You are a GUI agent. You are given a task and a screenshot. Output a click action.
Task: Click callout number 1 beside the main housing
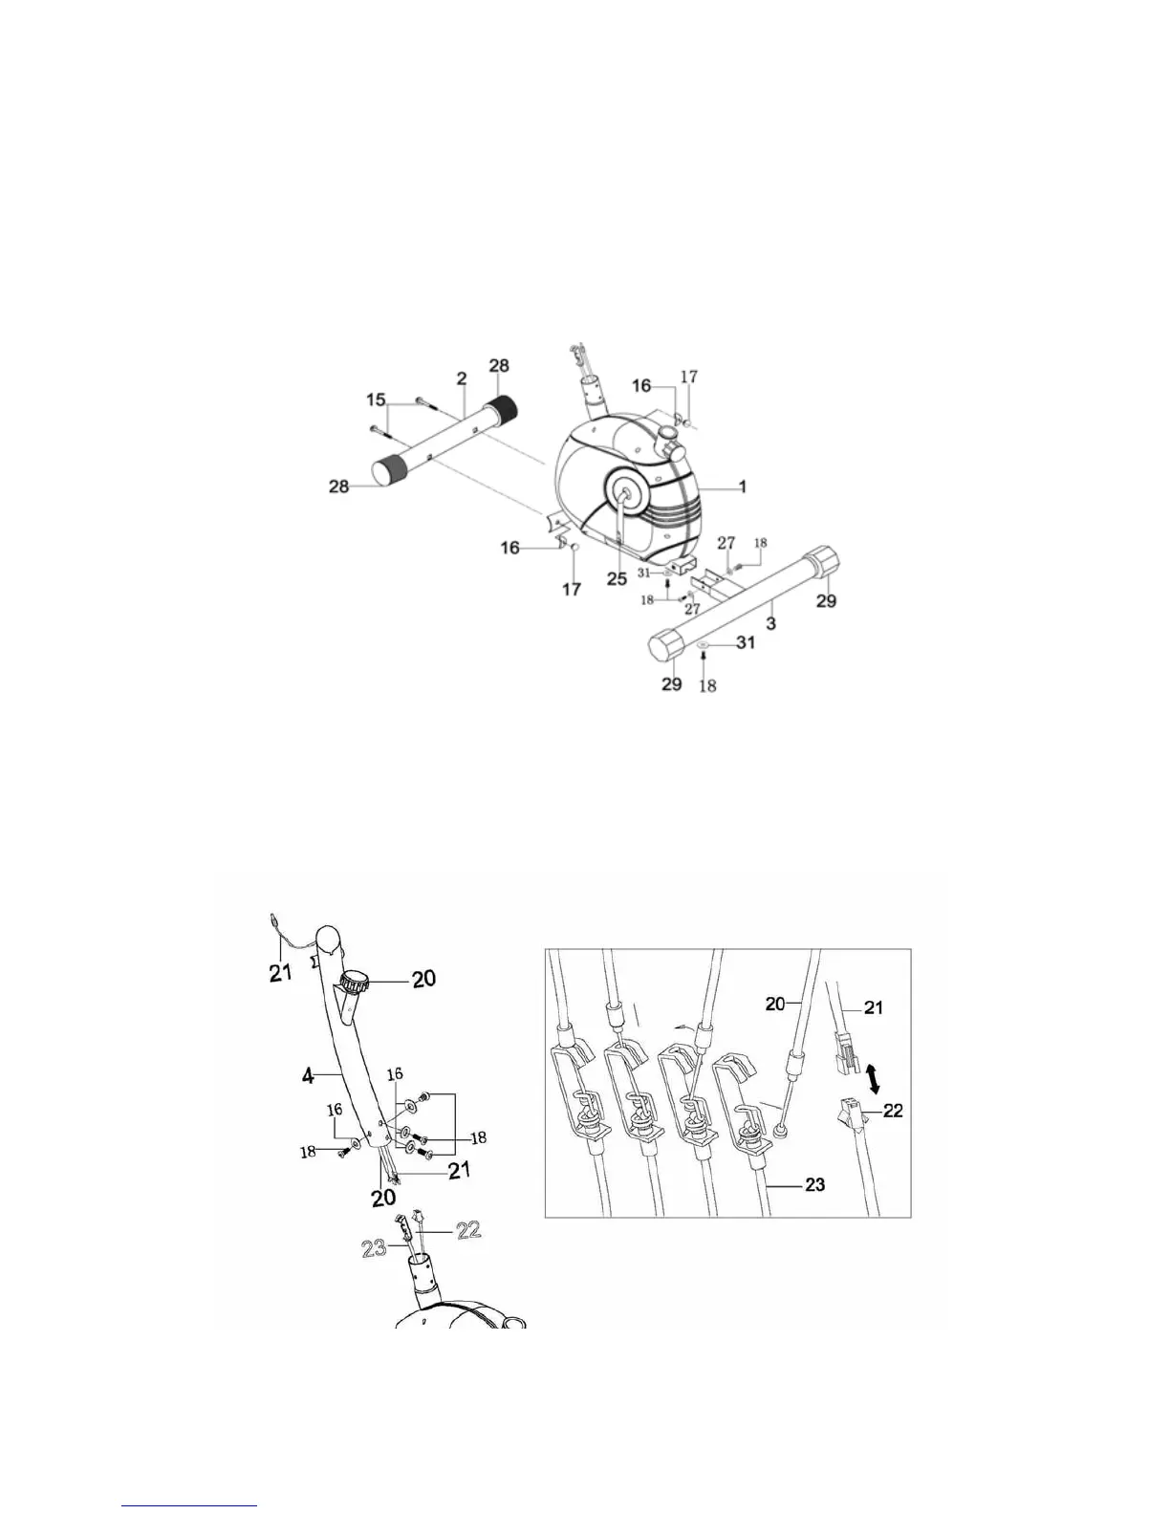click(x=742, y=487)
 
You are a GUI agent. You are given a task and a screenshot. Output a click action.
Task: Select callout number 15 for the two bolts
click(x=378, y=397)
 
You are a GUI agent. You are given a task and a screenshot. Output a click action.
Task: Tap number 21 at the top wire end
click(x=277, y=975)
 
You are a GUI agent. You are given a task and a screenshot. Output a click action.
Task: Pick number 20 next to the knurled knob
click(x=423, y=978)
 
